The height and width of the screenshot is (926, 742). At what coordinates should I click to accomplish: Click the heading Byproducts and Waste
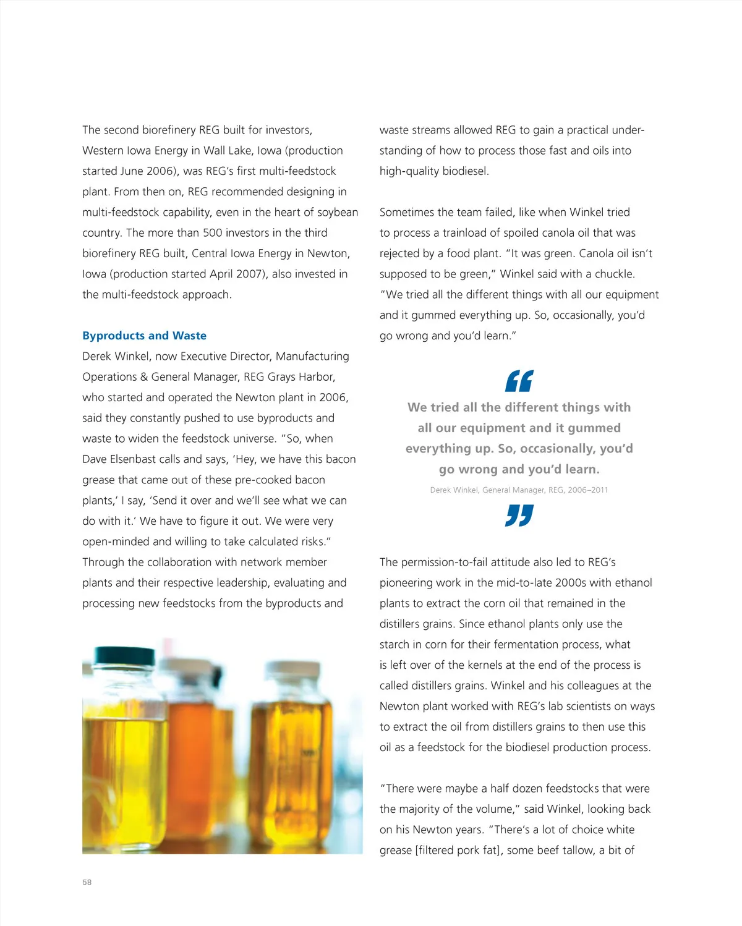click(x=144, y=336)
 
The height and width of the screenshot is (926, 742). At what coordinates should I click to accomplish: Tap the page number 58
click(x=87, y=882)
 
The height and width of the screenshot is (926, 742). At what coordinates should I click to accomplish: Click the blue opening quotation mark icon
click(x=519, y=381)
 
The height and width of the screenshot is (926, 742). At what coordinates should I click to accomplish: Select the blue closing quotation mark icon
click(x=519, y=516)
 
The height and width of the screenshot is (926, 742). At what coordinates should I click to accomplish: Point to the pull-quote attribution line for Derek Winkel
click(x=519, y=490)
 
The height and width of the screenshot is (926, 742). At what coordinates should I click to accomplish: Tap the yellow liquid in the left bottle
click(x=124, y=773)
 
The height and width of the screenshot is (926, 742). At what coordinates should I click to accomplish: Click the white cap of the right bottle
click(x=292, y=669)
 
